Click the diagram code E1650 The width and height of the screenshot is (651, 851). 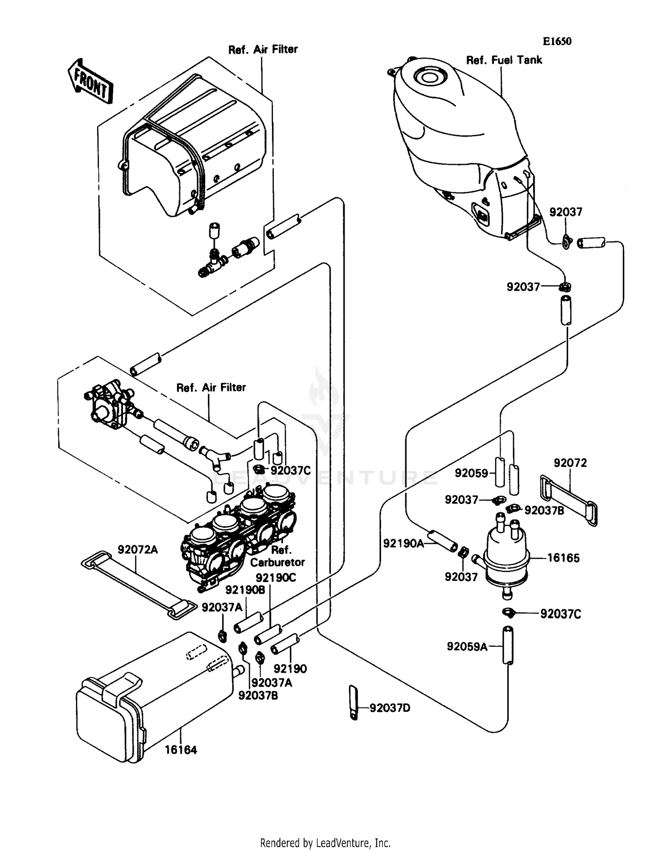pos(557,41)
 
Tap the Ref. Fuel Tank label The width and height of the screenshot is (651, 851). pos(504,60)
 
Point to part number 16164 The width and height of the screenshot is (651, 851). pos(181,750)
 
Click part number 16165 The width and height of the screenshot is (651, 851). pos(563,558)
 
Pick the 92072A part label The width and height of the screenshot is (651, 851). pos(138,550)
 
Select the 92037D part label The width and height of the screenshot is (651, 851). pos(390,708)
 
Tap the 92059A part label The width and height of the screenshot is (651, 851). pos(467,647)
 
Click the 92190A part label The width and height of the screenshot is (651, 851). pos(403,543)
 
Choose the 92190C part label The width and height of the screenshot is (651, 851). pos(276,578)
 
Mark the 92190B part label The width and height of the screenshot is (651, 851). pos(245,590)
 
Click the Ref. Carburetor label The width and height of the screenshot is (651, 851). pos(278,556)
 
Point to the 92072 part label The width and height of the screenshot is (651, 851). pos(570,463)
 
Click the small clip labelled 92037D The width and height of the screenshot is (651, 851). pos(353,702)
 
